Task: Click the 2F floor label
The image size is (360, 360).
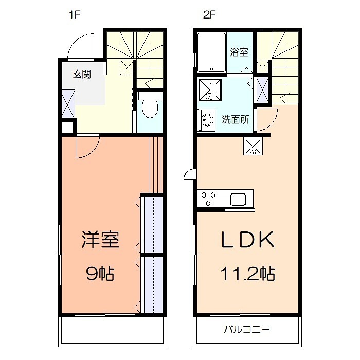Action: click(209, 14)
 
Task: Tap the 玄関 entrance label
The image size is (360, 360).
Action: click(81, 74)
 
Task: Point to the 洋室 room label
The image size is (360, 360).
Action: click(100, 240)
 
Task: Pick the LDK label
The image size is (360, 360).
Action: click(247, 240)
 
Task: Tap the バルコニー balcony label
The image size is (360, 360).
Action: click(246, 329)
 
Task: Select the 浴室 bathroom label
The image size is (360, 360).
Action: click(239, 52)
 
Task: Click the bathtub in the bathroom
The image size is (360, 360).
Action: click(211, 52)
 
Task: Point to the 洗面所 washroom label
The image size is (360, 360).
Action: click(236, 119)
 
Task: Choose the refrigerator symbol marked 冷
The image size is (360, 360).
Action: click(253, 147)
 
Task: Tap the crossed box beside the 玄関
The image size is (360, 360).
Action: click(67, 103)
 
